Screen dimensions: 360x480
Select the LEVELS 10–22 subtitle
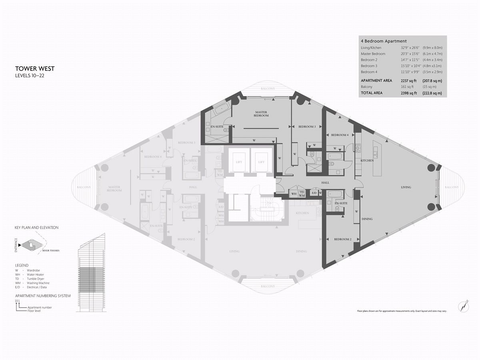pyautogui.click(x=30, y=75)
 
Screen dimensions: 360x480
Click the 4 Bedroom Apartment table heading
pyautogui.click(x=383, y=41)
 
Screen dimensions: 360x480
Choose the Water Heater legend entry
pyautogui.click(x=34, y=274)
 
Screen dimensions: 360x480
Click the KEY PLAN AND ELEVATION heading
pyautogui.click(x=36, y=228)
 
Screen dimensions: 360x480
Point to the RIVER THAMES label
pyautogui.click(x=52, y=252)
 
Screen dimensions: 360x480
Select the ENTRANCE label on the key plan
pyautogui.click(x=16, y=244)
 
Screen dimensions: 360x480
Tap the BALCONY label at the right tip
pyautogui.click(x=452, y=187)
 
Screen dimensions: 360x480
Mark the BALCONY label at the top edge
pyautogui.click(x=267, y=88)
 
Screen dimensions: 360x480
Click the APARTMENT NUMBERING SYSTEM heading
pyautogui.click(x=42, y=296)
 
